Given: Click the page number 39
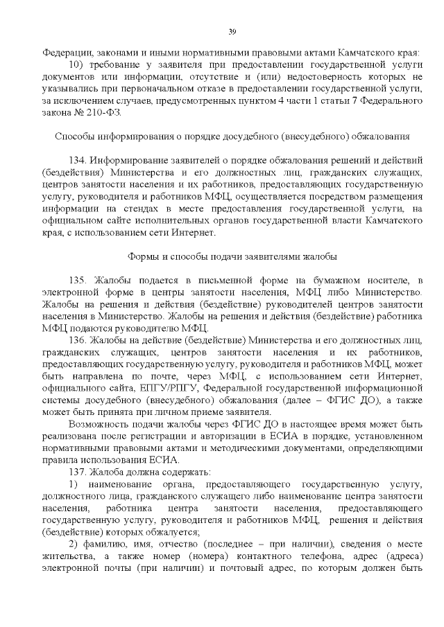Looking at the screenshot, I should point(232,30).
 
